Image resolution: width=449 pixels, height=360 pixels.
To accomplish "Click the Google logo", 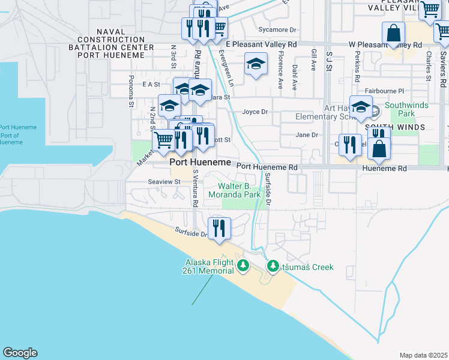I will point(20,353).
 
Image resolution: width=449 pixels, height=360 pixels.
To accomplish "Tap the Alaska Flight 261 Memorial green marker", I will point(243,266).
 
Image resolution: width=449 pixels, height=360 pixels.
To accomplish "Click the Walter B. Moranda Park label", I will point(235,190).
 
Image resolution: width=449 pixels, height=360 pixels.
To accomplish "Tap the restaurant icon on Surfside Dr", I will point(219,228).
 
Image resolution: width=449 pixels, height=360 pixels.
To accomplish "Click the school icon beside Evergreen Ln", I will point(256,65).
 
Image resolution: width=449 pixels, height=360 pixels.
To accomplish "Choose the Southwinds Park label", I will point(400,109).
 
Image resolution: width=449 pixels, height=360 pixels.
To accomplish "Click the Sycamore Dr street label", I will point(277,29).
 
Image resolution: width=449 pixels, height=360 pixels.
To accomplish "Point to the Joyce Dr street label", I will point(255,112).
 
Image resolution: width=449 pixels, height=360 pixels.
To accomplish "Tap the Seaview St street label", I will point(164,181).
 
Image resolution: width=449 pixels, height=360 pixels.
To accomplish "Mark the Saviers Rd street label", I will point(442,67).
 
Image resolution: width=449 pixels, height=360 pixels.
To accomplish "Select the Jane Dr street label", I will point(307,135).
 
